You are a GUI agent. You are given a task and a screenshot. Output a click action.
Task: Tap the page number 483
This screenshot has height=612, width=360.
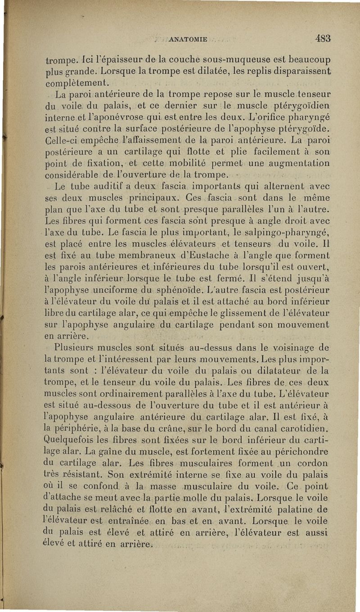click(323, 38)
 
